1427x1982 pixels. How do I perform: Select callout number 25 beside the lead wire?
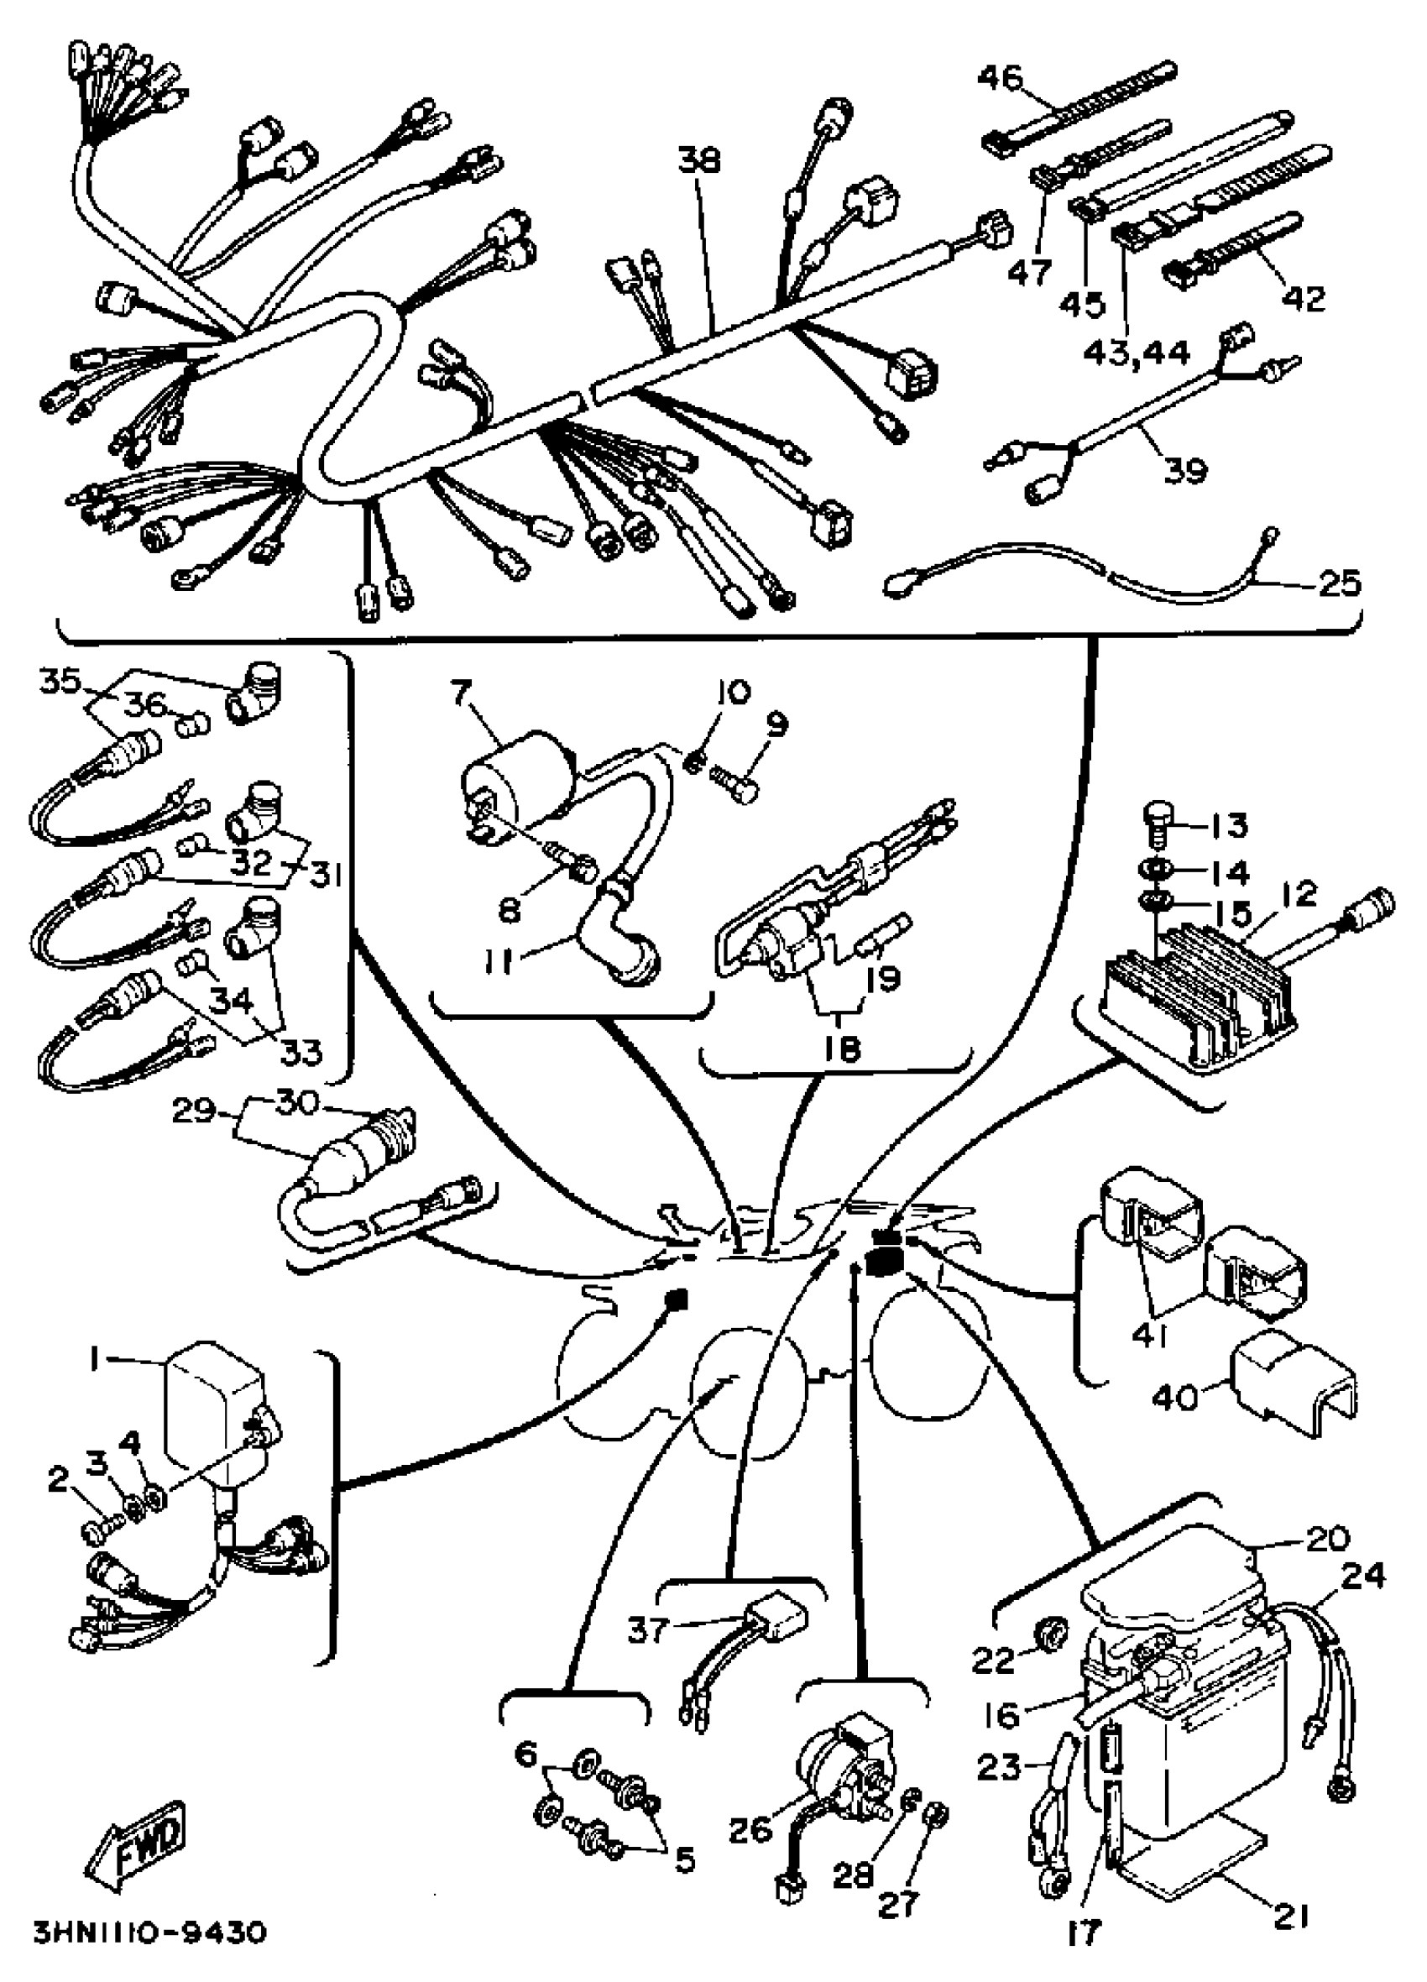click(x=1338, y=582)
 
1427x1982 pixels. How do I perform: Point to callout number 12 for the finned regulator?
click(x=1299, y=894)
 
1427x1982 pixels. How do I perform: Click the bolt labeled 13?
click(x=1155, y=824)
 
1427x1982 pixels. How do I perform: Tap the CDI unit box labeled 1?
click(x=214, y=1409)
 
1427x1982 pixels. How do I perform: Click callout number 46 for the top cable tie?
click(x=1000, y=78)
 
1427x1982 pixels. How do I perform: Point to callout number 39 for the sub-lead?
click(x=1185, y=470)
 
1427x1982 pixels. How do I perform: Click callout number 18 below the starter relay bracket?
click(x=840, y=1048)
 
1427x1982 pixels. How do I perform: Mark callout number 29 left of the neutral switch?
click(x=193, y=1110)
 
